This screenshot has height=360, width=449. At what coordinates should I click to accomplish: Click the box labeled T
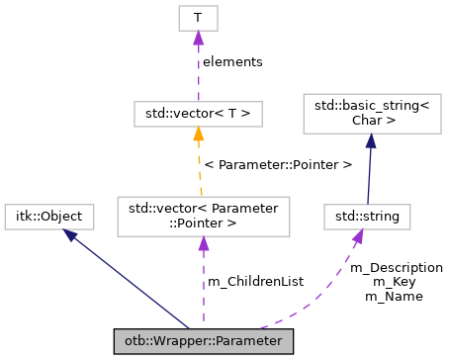tap(198, 18)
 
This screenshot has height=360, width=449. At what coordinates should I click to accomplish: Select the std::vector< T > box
tap(198, 114)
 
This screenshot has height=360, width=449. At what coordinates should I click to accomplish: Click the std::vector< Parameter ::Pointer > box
tap(203, 216)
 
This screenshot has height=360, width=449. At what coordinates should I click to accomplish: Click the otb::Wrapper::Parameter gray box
tap(203, 341)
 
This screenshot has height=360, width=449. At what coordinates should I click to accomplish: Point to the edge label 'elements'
tap(232, 61)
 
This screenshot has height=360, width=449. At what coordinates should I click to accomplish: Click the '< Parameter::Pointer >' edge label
tap(277, 164)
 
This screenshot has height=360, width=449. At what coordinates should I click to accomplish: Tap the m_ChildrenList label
tap(255, 282)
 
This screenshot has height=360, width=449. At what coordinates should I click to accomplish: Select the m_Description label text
tap(397, 268)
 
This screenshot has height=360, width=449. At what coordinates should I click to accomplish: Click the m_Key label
tap(397, 282)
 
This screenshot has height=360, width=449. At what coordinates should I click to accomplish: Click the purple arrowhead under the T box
tap(198, 38)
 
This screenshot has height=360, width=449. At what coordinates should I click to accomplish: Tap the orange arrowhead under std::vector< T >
tap(199, 134)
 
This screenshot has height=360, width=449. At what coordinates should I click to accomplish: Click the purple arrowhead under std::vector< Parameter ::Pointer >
tap(203, 244)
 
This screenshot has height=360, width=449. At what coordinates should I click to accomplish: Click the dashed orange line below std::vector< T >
tap(201, 168)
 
